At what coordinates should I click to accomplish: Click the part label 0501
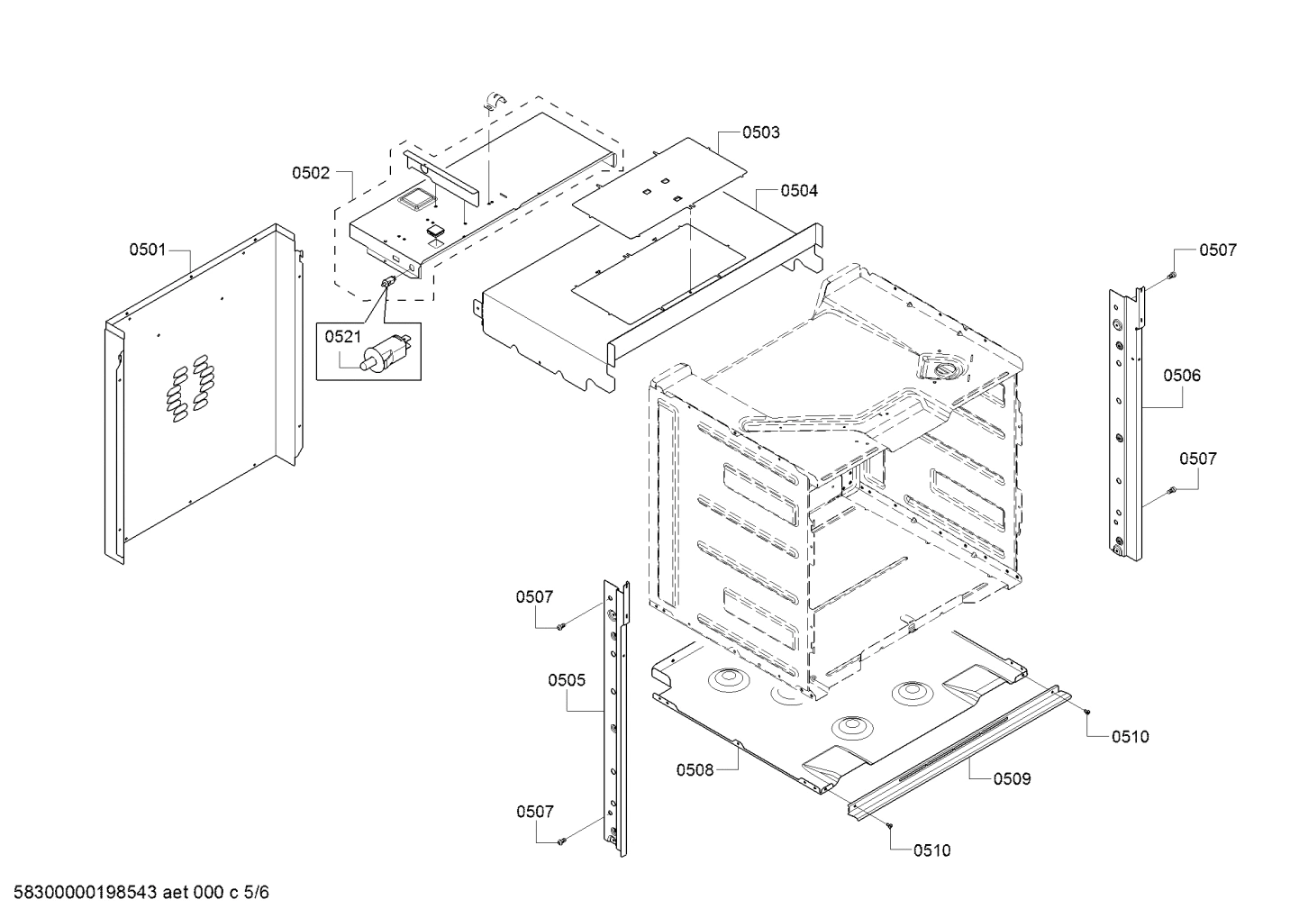pyautogui.click(x=148, y=250)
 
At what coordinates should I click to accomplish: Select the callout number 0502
pyautogui.click(x=311, y=173)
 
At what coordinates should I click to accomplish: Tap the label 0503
pyautogui.click(x=761, y=132)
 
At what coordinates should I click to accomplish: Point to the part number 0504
pyautogui.click(x=799, y=190)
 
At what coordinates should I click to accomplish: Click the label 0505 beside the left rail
pyautogui.click(x=567, y=679)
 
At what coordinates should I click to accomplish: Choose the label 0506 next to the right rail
pyautogui.click(x=1182, y=376)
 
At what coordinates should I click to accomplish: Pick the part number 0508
pyautogui.click(x=695, y=770)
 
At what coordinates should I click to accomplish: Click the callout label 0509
pyautogui.click(x=1012, y=779)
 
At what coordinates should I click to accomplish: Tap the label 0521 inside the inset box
pyautogui.click(x=342, y=337)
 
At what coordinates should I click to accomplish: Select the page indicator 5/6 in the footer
pyautogui.click(x=257, y=893)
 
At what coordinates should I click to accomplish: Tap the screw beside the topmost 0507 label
pyautogui.click(x=1171, y=274)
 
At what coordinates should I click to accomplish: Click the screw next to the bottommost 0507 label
pyautogui.click(x=560, y=841)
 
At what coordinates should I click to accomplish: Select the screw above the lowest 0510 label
pyautogui.click(x=890, y=825)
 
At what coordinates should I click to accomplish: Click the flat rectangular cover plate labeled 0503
pyautogui.click(x=659, y=187)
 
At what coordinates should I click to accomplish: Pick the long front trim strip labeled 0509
pyautogui.click(x=959, y=755)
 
